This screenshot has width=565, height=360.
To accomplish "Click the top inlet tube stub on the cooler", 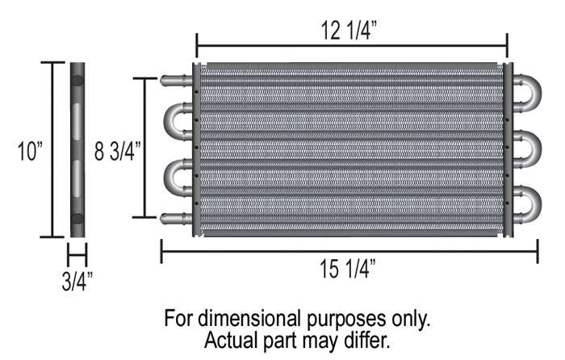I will tap(174, 81).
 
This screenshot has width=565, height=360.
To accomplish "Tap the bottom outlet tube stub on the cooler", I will tap(174, 217).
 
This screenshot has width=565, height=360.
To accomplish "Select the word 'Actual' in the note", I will tap(231, 340).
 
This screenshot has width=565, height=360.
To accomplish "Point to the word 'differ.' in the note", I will tap(367, 340).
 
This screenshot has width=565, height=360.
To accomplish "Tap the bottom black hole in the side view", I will tap(77, 218).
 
